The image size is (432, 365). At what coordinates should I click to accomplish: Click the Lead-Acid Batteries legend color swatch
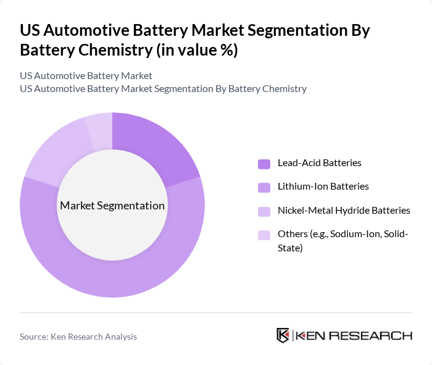pos(264,164)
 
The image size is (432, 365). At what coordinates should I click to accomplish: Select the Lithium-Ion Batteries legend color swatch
pos(264,187)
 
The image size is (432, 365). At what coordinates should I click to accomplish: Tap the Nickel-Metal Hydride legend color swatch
pos(264,211)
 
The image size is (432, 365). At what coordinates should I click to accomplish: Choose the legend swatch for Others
pos(264,235)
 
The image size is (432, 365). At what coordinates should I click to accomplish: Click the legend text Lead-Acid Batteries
pos(319,163)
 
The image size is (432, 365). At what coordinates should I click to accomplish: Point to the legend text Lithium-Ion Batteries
pos(323,187)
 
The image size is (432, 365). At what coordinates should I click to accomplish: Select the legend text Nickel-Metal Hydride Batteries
pos(344,211)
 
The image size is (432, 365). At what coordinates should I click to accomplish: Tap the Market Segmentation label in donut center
pos(112,206)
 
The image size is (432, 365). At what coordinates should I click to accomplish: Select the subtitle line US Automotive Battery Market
pos(86,76)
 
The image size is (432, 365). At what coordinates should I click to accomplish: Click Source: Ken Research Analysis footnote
pos(78,337)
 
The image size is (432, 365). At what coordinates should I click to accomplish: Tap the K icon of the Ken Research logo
pos(283,335)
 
